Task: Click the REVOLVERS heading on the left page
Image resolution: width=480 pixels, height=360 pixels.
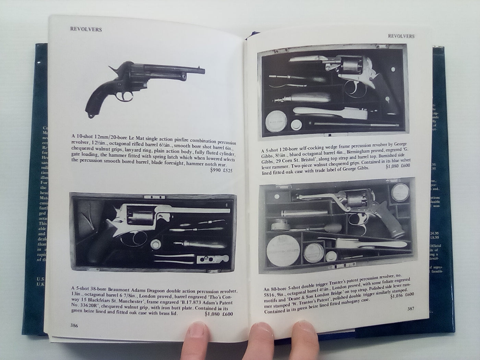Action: [86, 29]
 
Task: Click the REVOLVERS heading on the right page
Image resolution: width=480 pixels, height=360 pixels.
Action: [401, 36]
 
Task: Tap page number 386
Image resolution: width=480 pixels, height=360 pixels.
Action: [74, 325]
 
